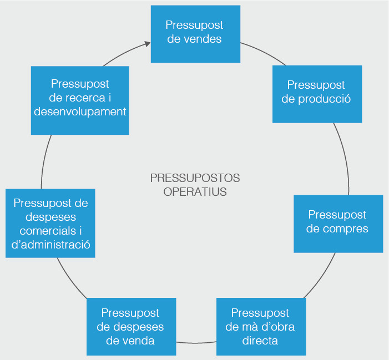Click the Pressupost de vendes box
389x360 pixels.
195,34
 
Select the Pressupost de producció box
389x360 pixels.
317,94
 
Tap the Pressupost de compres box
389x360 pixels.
338,224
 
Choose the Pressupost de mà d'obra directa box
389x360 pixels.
260,327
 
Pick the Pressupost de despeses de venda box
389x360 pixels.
131,327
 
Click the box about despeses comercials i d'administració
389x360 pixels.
50,224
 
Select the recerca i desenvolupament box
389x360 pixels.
80,100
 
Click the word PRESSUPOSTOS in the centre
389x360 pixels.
195,178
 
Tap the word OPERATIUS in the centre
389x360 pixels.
195,192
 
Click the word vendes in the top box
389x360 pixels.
202,39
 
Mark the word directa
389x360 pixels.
260,340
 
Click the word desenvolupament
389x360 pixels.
80,111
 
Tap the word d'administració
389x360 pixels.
51,244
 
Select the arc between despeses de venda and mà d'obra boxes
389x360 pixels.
196,343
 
